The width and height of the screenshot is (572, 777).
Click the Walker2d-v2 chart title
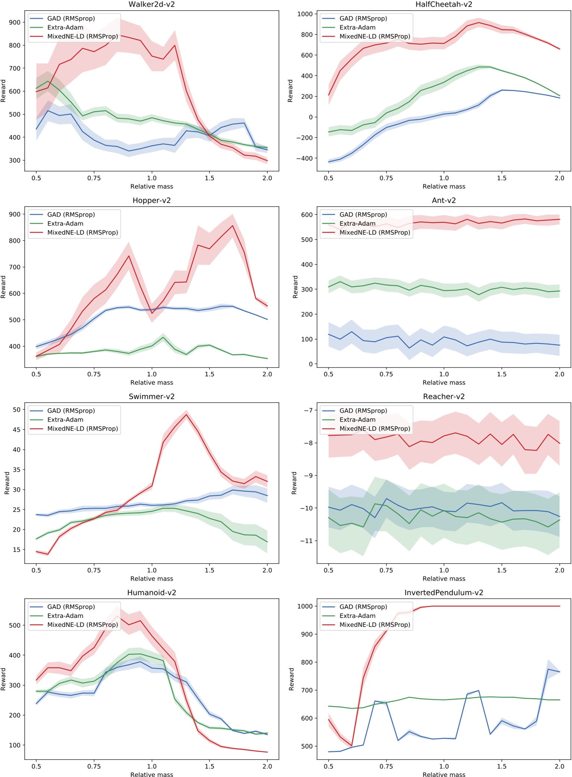152,4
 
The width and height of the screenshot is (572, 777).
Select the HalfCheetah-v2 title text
444,4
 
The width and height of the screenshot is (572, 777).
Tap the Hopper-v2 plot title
152,201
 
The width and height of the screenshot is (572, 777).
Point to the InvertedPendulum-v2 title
444,593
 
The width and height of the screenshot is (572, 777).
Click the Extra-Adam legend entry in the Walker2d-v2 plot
65,28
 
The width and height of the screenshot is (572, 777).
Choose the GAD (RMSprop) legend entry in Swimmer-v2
71,411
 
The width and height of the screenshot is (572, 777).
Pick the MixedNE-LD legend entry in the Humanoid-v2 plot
82,625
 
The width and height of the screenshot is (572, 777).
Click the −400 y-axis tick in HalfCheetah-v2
304,158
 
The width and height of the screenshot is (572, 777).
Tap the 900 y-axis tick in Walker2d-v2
15,22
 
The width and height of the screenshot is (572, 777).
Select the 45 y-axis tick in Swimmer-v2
16,430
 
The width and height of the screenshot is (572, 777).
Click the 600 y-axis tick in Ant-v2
307,215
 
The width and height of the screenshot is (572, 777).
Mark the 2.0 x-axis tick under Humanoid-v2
267,767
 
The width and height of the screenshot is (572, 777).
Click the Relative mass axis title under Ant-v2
444,383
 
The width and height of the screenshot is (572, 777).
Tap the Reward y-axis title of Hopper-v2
3,287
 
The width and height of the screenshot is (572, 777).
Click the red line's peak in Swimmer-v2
186,414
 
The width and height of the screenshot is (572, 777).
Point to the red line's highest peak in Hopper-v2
233,226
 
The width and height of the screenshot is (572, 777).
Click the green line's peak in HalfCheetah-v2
479,67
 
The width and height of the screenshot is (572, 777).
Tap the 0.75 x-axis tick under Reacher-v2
386,571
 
